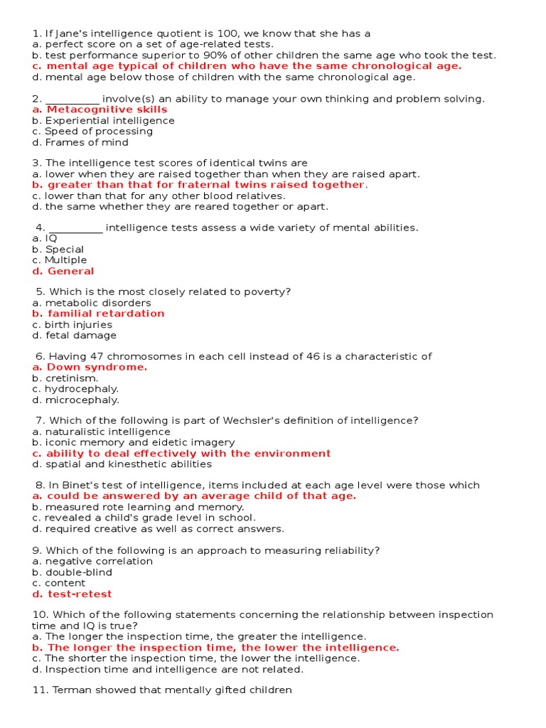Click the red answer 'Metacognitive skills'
[107, 109]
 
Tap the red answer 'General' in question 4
[70, 271]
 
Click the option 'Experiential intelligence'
[109, 120]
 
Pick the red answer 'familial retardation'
[106, 314]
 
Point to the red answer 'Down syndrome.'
[97, 368]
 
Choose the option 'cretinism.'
[72, 378]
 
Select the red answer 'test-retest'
[80, 594]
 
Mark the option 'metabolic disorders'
[98, 303]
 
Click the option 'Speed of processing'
[99, 132]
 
